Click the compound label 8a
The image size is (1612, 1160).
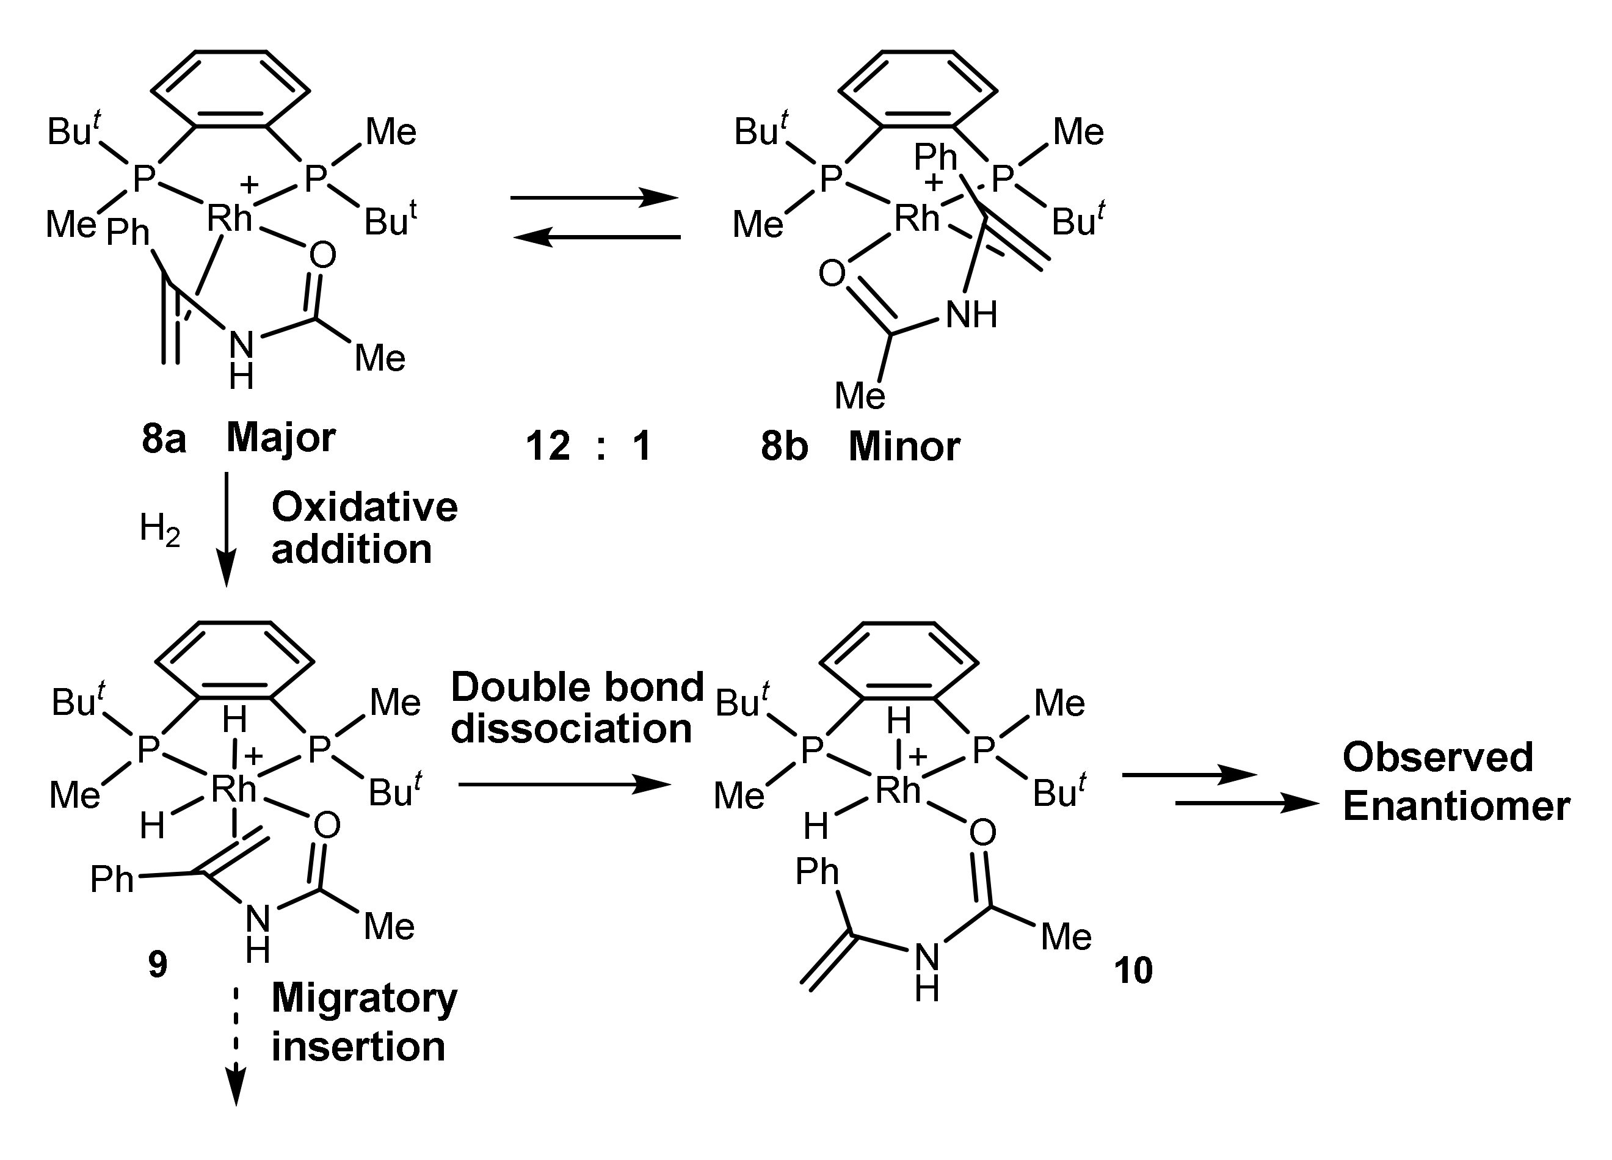(x=164, y=438)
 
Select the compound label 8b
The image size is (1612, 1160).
(x=784, y=446)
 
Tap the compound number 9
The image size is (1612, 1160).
(x=158, y=965)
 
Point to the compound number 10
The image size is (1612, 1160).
(x=1133, y=970)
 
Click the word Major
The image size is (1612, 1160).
(x=281, y=438)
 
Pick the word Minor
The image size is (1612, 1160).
(x=904, y=446)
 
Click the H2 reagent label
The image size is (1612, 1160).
(x=159, y=529)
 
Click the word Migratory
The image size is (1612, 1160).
(x=365, y=999)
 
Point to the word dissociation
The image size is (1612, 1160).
(x=572, y=728)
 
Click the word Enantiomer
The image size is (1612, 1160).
(x=1456, y=806)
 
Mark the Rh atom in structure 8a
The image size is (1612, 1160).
(x=230, y=217)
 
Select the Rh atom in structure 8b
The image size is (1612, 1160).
(x=917, y=217)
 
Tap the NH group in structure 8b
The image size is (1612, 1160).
(x=971, y=314)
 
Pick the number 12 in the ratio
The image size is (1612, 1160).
(x=548, y=446)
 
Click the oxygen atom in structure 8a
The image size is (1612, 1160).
(x=322, y=255)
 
